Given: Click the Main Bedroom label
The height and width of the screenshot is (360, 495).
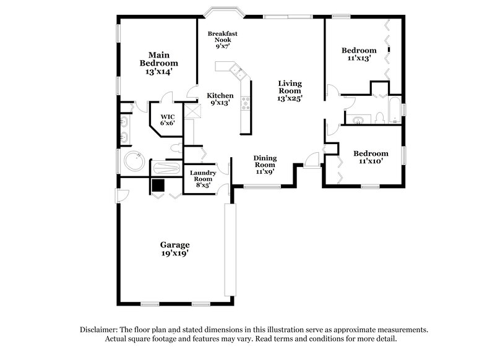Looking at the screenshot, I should [158, 63].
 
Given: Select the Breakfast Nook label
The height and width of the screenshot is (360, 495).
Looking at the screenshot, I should [223, 39].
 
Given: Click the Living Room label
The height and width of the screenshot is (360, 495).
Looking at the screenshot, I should [289, 90].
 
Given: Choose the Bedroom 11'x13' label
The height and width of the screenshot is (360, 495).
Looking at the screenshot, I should [359, 54].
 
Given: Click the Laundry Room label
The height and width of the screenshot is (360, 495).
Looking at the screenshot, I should [202, 178].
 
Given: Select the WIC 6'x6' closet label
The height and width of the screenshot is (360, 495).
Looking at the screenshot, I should [168, 119].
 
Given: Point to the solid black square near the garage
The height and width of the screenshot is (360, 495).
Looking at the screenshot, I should [158, 185].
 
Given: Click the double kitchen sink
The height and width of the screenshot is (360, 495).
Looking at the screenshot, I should [235, 70].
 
